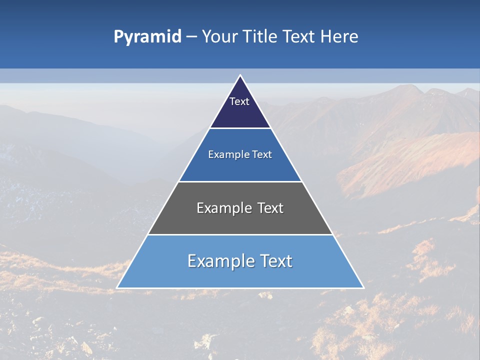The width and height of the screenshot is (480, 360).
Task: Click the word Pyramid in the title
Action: [147, 37]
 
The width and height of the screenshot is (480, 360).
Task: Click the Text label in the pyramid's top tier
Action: [239, 101]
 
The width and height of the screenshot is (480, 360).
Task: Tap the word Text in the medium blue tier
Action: [262, 154]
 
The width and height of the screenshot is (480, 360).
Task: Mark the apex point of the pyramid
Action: [240, 75]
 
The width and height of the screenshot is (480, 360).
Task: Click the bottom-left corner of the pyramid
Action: [117, 288]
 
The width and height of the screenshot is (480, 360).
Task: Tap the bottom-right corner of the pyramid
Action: [363, 288]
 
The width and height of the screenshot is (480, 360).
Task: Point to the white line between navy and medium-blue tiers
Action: [240, 128]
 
